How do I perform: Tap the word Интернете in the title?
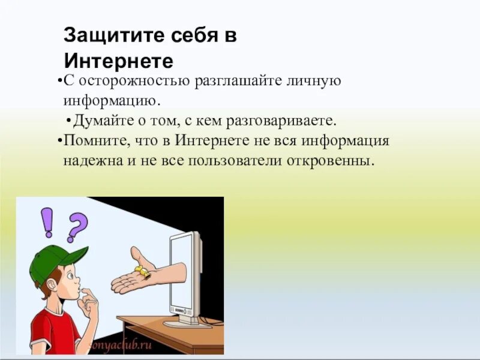(118, 61)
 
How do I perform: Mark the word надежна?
(89, 161)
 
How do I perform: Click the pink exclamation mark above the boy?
(47, 222)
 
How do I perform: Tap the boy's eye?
(70, 277)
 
